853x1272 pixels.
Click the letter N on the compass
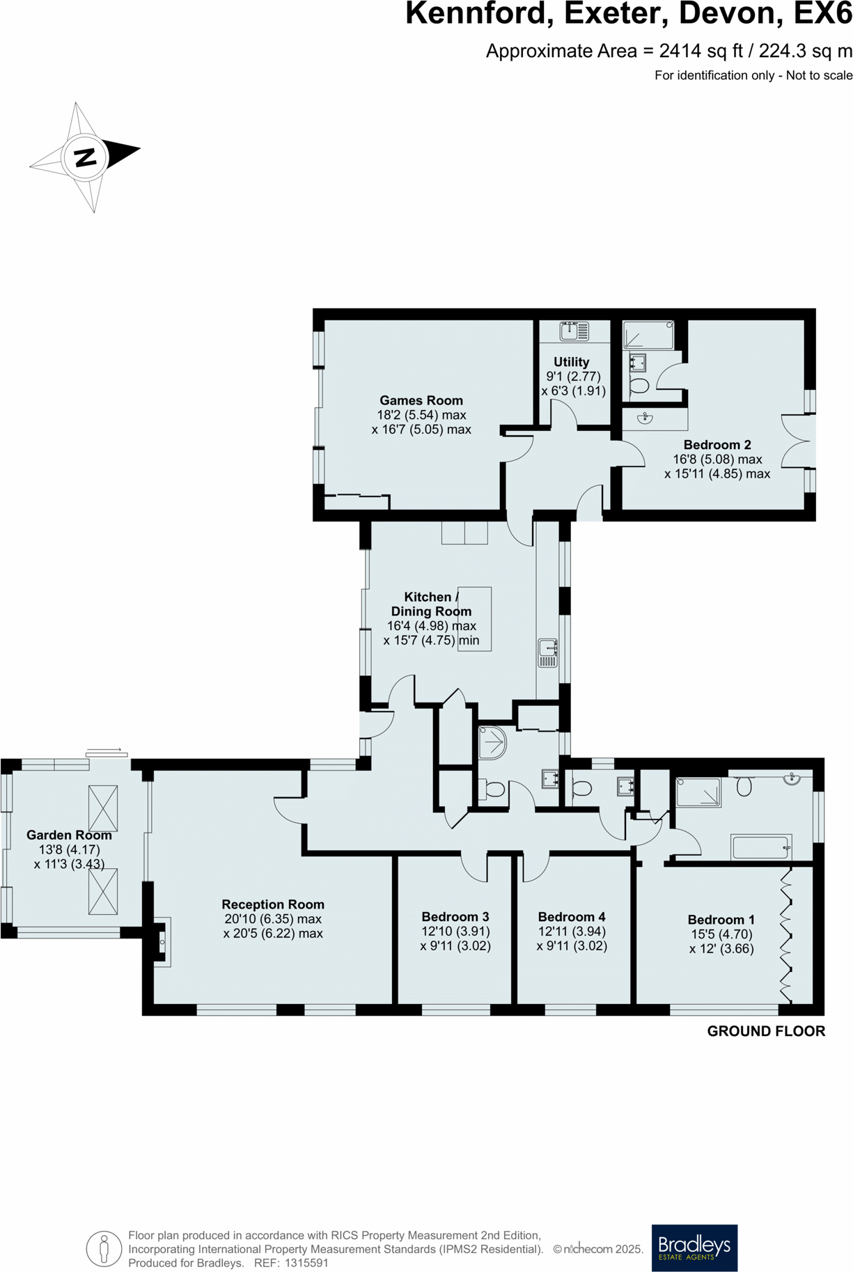[x=85, y=157]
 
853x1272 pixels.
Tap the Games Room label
[x=421, y=400]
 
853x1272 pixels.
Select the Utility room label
[x=571, y=362]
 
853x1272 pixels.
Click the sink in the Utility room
[x=574, y=331]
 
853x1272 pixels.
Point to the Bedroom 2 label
[x=717, y=445]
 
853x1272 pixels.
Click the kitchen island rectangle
[x=474, y=618]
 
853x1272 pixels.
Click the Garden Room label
[x=69, y=835]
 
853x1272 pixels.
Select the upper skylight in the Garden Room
[x=103, y=808]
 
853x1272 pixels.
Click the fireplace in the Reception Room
[x=161, y=942]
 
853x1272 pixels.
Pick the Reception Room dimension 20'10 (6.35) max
[x=272, y=919]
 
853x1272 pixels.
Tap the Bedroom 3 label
[x=455, y=917]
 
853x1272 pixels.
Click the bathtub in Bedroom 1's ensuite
[x=761, y=847]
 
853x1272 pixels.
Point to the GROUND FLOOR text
[x=766, y=1031]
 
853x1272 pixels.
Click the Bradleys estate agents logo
[x=694, y=1248]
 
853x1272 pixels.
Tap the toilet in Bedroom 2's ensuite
[x=639, y=384]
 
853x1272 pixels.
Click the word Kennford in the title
[x=479, y=14]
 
